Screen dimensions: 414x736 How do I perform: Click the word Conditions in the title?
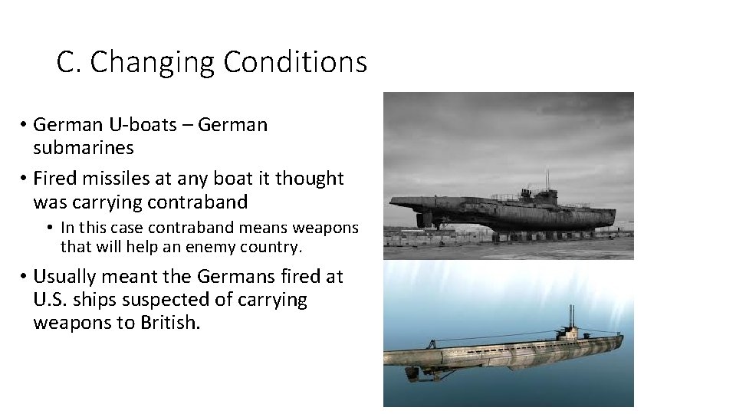(x=295, y=62)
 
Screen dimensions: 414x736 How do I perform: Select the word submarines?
(x=84, y=147)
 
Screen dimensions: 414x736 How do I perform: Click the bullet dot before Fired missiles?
(x=25, y=179)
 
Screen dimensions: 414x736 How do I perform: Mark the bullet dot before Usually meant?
(x=25, y=277)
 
